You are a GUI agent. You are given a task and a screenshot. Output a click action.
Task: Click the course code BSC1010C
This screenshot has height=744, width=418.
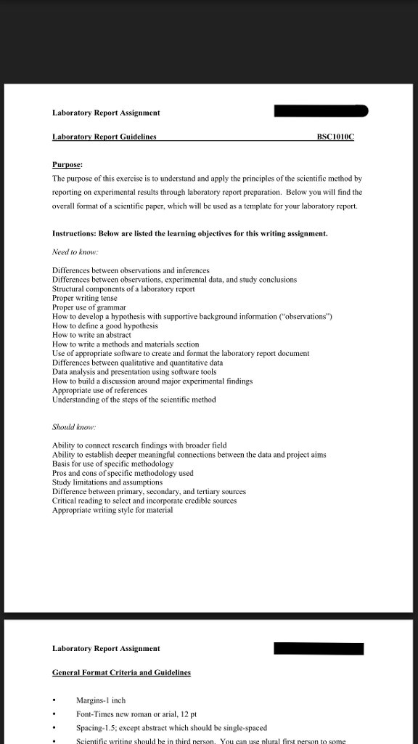click(x=335, y=137)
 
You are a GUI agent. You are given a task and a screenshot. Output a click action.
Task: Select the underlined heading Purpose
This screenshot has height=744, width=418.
click(x=67, y=164)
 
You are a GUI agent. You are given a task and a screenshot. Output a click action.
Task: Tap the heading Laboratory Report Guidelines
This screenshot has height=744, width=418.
click(x=104, y=137)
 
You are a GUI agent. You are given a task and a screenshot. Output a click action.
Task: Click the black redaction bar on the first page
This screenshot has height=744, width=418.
click(x=321, y=111)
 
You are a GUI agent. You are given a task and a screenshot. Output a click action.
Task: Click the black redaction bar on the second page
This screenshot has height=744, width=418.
click(x=319, y=648)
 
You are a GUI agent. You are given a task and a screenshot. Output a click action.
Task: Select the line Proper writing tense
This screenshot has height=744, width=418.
click(x=85, y=298)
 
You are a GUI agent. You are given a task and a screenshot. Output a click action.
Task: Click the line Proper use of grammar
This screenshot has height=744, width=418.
click(x=89, y=307)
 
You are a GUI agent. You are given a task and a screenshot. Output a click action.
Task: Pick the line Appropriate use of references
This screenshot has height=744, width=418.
click(x=99, y=390)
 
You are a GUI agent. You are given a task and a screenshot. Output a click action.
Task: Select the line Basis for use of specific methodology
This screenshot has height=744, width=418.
click(x=112, y=464)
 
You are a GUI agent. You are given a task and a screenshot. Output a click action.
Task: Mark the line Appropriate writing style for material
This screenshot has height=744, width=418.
click(x=112, y=510)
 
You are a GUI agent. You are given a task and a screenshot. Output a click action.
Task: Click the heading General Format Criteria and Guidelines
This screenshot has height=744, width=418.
click(x=121, y=673)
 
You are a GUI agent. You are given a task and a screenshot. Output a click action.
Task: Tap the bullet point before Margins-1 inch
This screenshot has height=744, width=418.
click(x=56, y=700)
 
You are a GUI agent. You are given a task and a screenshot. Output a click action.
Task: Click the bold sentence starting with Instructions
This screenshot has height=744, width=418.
click(x=189, y=234)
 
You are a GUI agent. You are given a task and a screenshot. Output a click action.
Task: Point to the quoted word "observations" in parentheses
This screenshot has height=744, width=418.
click(x=305, y=317)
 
